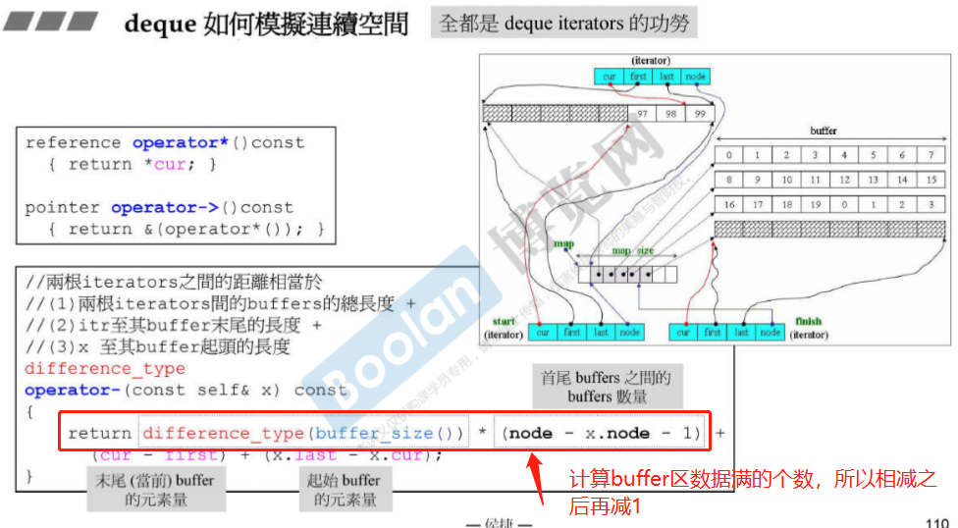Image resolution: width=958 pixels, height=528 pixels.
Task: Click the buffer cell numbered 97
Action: pyautogui.click(x=644, y=114)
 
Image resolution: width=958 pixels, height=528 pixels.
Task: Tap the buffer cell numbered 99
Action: pyautogui.click(x=700, y=114)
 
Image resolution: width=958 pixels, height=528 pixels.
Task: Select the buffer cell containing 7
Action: pyautogui.click(x=930, y=155)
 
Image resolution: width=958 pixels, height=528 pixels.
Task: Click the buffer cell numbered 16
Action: pyautogui.click(x=729, y=205)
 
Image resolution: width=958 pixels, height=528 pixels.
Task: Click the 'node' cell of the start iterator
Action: pyautogui.click(x=629, y=333)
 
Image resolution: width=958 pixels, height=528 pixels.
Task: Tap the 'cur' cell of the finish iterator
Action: pyautogui.click(x=684, y=333)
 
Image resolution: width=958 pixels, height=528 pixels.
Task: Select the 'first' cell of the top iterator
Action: pyautogui.click(x=639, y=77)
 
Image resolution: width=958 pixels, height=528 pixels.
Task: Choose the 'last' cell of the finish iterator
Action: pyautogui.click(x=742, y=333)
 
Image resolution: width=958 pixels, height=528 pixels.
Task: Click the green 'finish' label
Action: pyautogui.click(x=810, y=321)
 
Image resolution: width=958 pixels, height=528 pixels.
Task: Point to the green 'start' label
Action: pyautogui.click(x=506, y=321)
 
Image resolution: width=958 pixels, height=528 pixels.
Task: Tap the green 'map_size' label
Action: pyautogui.click(x=633, y=250)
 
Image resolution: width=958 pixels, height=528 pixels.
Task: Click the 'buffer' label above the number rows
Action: pyautogui.click(x=824, y=131)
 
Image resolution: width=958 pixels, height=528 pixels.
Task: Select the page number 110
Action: pyautogui.click(x=937, y=522)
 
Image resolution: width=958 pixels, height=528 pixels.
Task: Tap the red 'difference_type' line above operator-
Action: pyautogui.click(x=104, y=369)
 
